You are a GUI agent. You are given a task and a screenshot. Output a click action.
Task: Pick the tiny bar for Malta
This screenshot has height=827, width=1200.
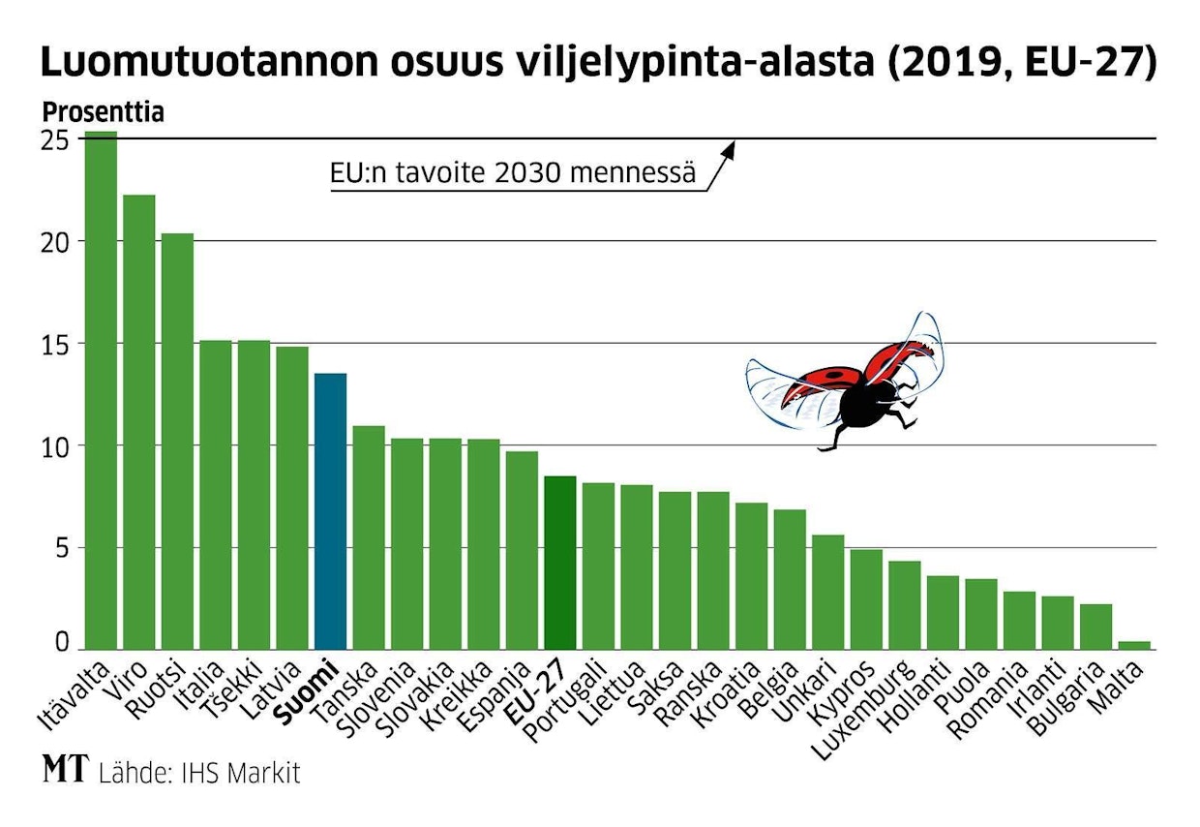tap(1134, 644)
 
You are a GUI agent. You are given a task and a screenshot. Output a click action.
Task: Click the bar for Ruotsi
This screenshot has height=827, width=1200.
tap(177, 441)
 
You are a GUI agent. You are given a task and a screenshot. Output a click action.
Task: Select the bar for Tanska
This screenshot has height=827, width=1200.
tap(369, 537)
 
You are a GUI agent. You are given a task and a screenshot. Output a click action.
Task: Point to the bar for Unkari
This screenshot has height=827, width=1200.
tap(828, 592)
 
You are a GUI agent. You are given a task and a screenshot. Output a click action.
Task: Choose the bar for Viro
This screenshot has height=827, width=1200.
tap(139, 421)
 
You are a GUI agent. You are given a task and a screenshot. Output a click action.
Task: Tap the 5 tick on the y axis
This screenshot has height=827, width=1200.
tap(60, 548)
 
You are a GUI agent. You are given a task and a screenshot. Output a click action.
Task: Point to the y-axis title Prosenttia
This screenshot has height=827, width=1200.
tap(103, 112)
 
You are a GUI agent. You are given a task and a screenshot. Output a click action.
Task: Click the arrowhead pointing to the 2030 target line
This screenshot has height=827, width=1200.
tap(731, 148)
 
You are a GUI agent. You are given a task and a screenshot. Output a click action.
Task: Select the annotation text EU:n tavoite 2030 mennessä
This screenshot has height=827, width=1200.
tap(513, 174)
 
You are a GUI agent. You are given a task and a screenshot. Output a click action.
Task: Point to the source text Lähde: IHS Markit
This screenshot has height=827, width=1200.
tap(199, 773)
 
